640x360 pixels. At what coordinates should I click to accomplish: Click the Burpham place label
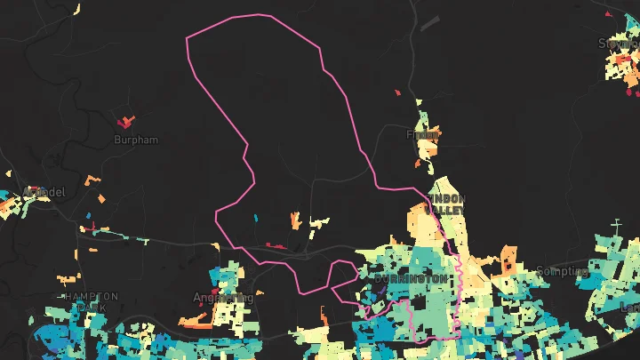pyautogui.click(x=135, y=140)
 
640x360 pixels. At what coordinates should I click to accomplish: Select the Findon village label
pyautogui.click(x=422, y=135)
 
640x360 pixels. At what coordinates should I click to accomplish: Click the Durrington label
pyautogui.click(x=410, y=278)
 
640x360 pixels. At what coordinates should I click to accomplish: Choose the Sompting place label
pyautogui.click(x=562, y=270)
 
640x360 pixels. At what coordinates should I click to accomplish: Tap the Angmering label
pyautogui.click(x=223, y=298)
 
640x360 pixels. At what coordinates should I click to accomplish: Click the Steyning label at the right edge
pyautogui.click(x=620, y=44)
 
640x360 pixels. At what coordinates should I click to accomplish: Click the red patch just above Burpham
pyautogui.click(x=125, y=120)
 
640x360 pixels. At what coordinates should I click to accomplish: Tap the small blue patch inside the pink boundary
pyautogui.click(x=255, y=217)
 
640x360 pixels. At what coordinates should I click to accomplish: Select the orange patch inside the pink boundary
pyautogui.click(x=295, y=220)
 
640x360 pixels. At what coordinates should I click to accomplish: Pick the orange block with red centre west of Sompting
pyautogui.click(x=508, y=260)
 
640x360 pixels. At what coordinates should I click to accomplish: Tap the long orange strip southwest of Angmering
pyautogui.click(x=195, y=320)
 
